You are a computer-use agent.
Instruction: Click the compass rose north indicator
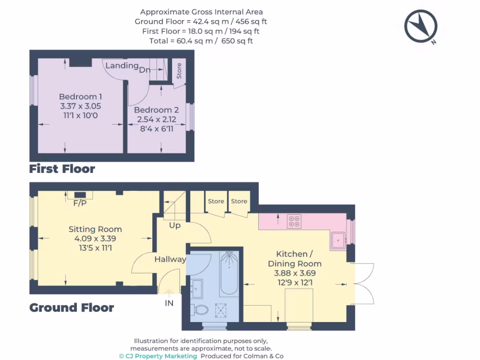point(420,26)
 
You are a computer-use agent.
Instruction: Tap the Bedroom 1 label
point(80,97)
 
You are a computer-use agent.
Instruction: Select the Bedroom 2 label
point(156,110)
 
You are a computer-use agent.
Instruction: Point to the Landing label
point(122,66)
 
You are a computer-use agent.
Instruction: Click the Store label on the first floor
point(179,71)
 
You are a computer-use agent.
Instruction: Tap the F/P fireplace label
point(80,203)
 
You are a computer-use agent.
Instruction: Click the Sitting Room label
point(95,229)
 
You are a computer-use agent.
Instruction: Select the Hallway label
point(170,259)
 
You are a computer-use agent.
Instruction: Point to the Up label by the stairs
point(175,225)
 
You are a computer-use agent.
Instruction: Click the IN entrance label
point(169,303)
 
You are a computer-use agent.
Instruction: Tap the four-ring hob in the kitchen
point(294,221)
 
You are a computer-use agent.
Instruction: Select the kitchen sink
point(338,240)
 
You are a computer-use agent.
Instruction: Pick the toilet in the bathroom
point(199,310)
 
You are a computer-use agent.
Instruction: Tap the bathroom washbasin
point(196,288)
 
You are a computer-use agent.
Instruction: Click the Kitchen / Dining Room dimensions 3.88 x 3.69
point(294,273)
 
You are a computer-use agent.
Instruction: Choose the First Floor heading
point(62,169)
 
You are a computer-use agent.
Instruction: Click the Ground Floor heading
point(72,307)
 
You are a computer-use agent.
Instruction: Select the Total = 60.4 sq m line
point(201,41)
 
